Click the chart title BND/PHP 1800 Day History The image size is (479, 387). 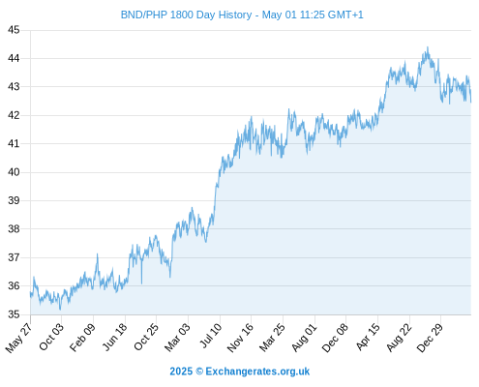186,15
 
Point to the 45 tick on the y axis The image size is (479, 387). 14,30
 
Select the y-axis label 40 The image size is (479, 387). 14,172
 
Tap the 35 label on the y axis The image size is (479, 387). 14,314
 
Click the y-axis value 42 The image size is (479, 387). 14,115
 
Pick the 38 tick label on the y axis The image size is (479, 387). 14,229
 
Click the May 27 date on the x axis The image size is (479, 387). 18,338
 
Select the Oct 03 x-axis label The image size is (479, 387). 51,337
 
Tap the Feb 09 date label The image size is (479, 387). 83,337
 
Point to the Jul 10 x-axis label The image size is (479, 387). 211,336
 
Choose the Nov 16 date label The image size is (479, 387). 240,338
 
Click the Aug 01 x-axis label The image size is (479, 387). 305,337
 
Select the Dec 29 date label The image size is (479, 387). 430,338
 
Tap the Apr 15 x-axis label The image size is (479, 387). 368,337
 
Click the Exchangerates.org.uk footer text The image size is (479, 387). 257,372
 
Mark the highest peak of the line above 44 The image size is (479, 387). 428,47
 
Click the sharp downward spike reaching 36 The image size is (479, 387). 141,283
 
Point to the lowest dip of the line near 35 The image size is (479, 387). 60,310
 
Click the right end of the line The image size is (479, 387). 471,103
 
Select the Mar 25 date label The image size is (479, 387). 272,337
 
